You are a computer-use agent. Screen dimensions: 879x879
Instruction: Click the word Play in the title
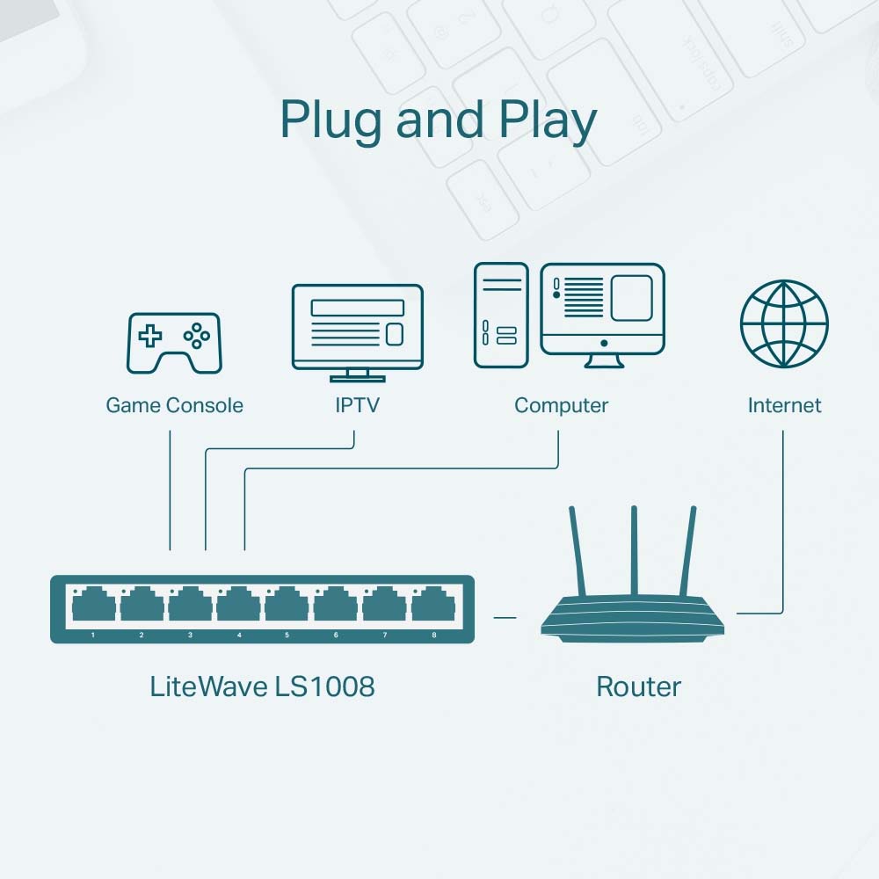[549, 121]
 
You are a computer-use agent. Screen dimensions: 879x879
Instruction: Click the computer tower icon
[501, 315]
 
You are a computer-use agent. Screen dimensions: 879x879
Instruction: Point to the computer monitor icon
[602, 312]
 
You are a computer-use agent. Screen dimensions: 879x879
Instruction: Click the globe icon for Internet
[784, 324]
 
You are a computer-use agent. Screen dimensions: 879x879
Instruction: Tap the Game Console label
[174, 405]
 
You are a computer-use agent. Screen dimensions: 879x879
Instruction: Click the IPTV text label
[357, 405]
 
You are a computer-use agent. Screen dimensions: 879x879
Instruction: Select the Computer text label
[561, 405]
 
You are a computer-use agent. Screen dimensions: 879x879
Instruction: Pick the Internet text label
[784, 405]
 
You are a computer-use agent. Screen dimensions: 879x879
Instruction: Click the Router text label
[638, 686]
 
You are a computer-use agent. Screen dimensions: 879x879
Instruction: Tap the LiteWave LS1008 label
[262, 686]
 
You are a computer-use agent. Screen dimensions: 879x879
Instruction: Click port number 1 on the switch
[93, 607]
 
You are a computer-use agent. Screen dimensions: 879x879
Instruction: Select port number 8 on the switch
[433, 607]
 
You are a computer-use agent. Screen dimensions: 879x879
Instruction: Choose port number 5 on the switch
[287, 607]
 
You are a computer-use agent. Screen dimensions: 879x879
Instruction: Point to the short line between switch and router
[505, 617]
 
